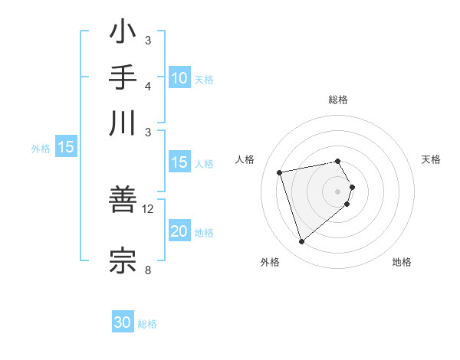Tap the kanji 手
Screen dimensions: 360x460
(x=123, y=78)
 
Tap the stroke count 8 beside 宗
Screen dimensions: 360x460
(x=148, y=269)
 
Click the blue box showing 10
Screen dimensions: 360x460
(x=179, y=78)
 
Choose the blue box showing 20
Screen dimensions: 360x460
(x=179, y=232)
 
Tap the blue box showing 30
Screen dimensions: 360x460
(x=123, y=323)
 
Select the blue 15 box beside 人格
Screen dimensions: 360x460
(x=179, y=162)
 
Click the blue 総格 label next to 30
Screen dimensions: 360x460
(x=147, y=324)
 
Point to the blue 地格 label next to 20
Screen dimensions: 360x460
(x=204, y=233)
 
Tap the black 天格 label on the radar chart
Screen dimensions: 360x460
(x=431, y=159)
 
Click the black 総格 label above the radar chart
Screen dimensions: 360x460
(x=338, y=100)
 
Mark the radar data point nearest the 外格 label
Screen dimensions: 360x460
(x=301, y=242)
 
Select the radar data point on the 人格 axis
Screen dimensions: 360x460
(x=280, y=172)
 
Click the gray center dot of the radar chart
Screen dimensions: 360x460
(x=337, y=191)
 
